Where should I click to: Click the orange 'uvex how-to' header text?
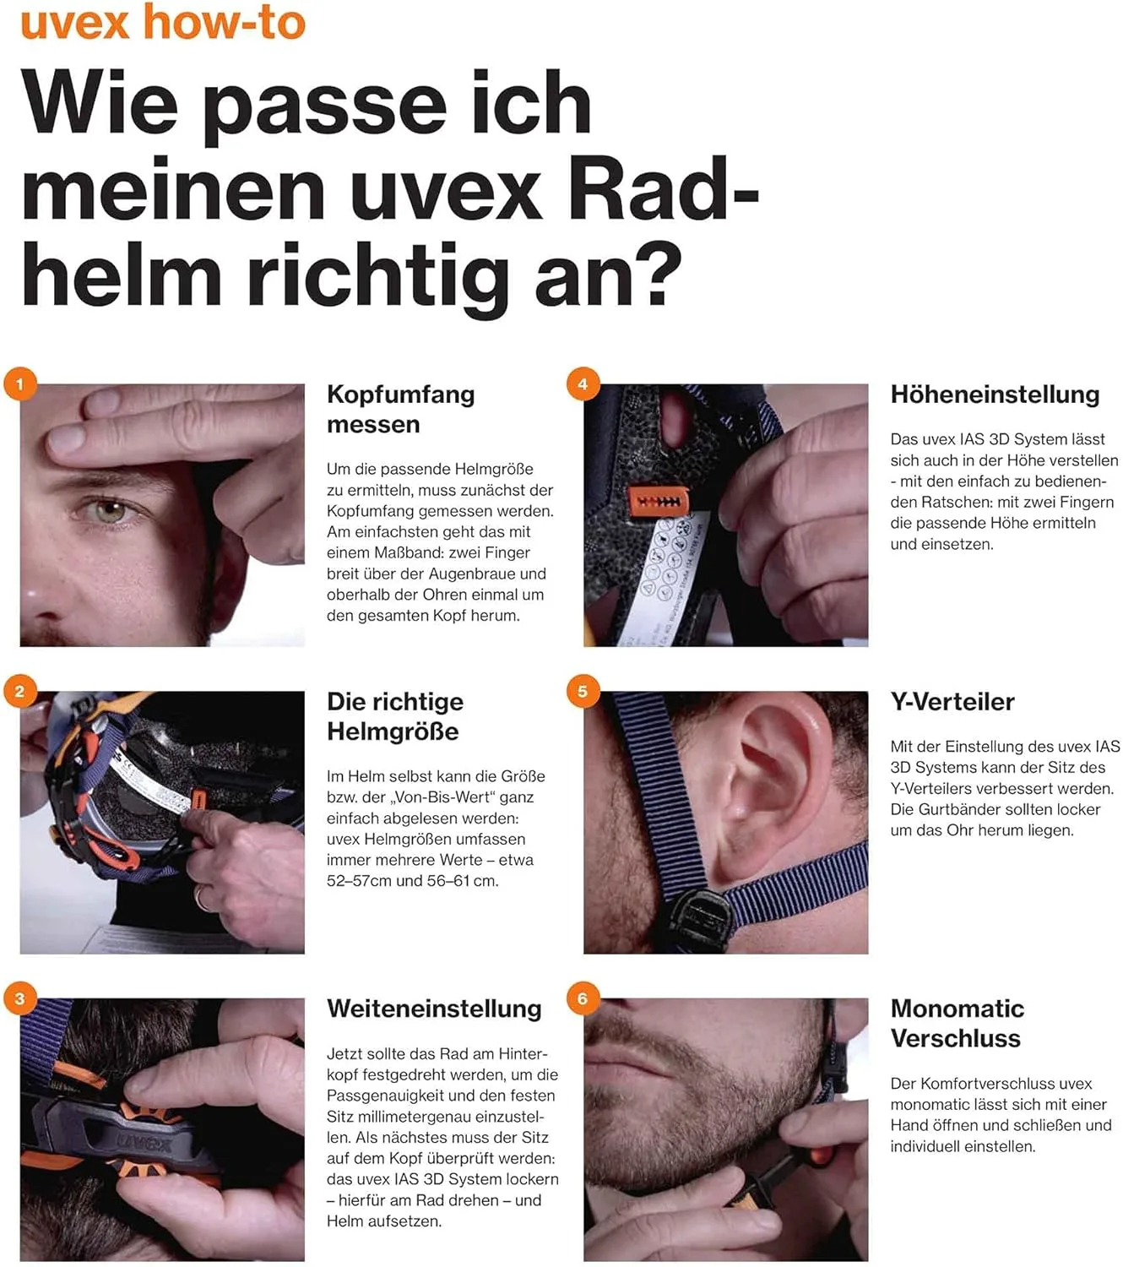(162, 22)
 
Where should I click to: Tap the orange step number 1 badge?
(19, 384)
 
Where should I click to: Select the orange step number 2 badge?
(19, 691)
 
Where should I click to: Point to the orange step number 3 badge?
(19, 998)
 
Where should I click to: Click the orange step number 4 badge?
(583, 384)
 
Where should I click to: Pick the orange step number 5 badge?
(583, 691)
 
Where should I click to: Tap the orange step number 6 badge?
(583, 998)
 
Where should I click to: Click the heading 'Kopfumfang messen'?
(400, 409)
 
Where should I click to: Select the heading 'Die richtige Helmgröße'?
(394, 716)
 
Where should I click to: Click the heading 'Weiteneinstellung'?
(434, 1009)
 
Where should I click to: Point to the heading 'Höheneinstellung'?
(995, 394)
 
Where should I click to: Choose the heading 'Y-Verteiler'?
(952, 702)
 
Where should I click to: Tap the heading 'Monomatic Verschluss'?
(957, 1023)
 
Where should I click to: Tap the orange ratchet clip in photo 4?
(658, 503)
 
